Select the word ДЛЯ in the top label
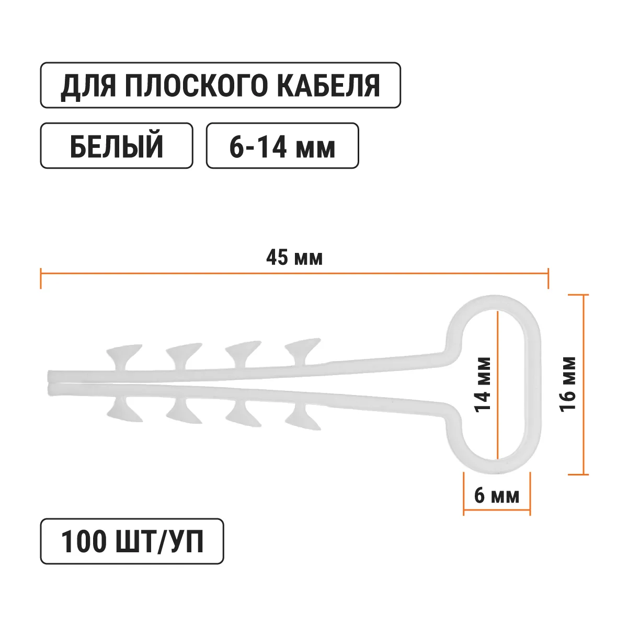pyautogui.click(x=88, y=86)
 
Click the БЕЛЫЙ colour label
pyautogui.click(x=116, y=146)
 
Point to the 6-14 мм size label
pyautogui.click(x=282, y=146)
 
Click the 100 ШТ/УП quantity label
pyautogui.click(x=132, y=541)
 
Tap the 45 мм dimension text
pyautogui.click(x=294, y=258)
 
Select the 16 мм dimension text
pyautogui.click(x=568, y=385)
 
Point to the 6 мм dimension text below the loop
pyautogui.click(x=497, y=496)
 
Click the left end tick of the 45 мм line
pyautogui.click(x=41, y=278)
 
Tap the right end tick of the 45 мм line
pyautogui.click(x=548, y=278)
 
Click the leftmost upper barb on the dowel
pyautogui.click(x=124, y=357)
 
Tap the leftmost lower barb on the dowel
pyautogui.click(x=124, y=409)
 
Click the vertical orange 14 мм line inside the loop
pyautogui.click(x=498, y=385)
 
